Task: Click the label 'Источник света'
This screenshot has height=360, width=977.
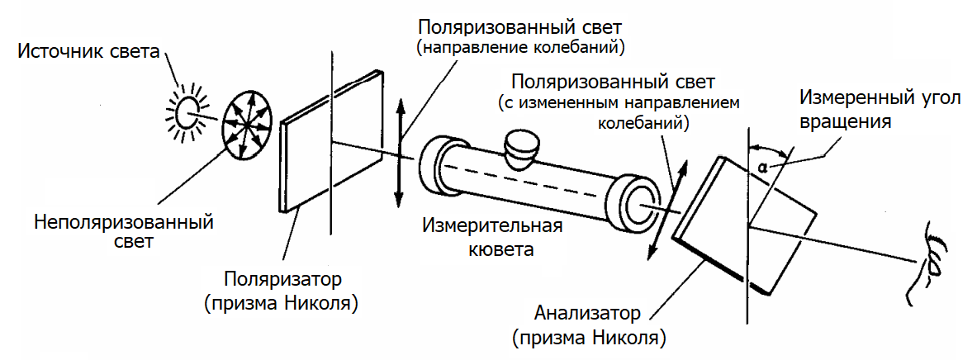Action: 88,54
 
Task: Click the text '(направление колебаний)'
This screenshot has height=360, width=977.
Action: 520,48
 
